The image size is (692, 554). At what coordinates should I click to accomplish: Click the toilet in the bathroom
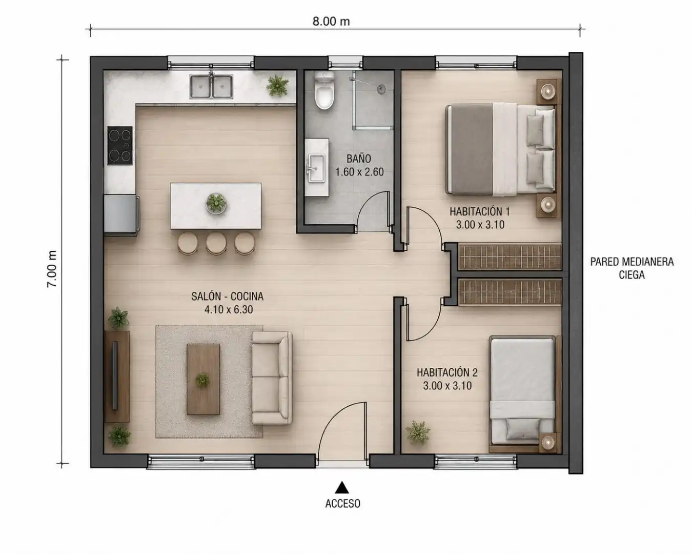(324, 90)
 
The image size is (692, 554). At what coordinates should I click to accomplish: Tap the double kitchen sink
(211, 86)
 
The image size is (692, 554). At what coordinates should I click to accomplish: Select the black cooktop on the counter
(119, 146)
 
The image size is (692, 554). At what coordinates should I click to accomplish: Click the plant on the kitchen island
(216, 203)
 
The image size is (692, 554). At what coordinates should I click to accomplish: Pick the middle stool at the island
(216, 243)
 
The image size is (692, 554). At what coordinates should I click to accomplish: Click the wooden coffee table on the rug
(203, 379)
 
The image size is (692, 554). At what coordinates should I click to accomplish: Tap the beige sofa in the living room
(272, 378)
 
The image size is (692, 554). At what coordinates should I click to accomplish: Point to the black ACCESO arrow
(341, 487)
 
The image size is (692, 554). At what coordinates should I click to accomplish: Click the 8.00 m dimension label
(331, 22)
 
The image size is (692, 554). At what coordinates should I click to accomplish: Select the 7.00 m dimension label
(52, 269)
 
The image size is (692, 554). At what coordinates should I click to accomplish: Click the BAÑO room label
(359, 159)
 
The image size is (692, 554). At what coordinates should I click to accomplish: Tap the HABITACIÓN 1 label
(480, 211)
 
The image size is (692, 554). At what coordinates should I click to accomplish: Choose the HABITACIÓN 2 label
(447, 372)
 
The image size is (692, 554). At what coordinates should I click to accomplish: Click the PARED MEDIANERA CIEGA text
(632, 268)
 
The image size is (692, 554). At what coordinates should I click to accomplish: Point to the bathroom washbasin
(316, 167)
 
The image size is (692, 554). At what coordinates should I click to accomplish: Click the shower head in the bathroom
(381, 88)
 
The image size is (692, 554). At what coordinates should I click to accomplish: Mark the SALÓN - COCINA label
(228, 296)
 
